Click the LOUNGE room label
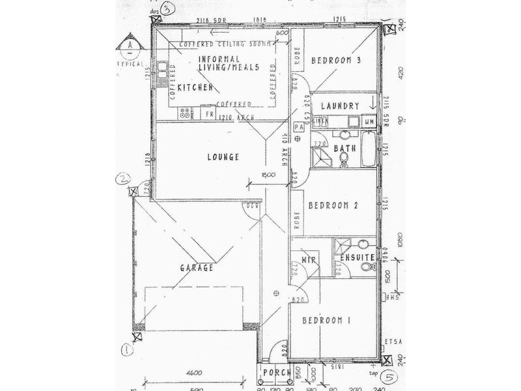222,157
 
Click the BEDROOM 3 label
337,61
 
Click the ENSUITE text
356,259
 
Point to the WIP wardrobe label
308,259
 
